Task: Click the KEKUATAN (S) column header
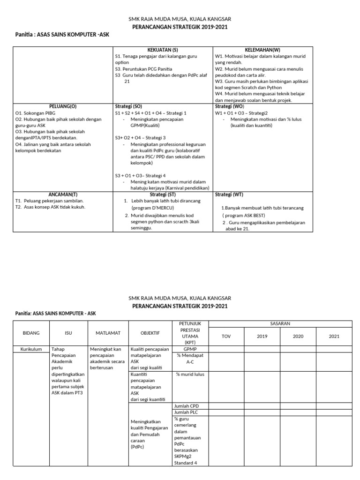163,50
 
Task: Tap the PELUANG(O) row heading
63,106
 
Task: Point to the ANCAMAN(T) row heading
63,194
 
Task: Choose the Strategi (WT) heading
229,194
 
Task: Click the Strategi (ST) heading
163,194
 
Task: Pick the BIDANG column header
31,333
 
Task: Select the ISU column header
68,333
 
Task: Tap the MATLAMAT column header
108,333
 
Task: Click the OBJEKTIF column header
150,333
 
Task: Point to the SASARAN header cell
280,324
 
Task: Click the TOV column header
226,336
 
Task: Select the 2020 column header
298,336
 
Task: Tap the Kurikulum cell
31,349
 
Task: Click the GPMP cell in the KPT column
190,349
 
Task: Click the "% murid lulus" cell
190,374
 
